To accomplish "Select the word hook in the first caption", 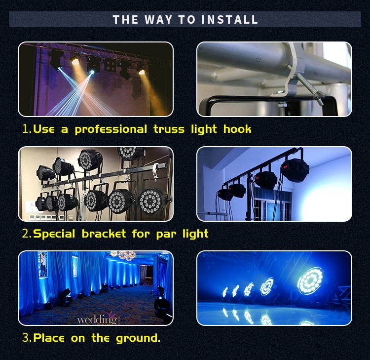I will point(237,129).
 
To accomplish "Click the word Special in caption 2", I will point(53,234).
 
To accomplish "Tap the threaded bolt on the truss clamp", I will point(310,91).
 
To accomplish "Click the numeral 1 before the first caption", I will point(26,129).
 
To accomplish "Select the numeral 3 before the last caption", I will point(26,338).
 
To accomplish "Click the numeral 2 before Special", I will point(26,234).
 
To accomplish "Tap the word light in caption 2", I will point(193,234).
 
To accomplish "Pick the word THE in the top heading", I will point(125,20).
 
